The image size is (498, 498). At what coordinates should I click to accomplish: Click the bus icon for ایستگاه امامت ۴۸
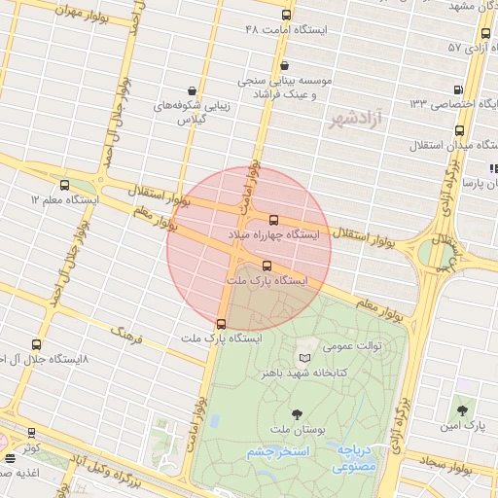pyautogui.click(x=286, y=16)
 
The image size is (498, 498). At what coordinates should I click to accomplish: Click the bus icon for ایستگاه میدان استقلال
pyautogui.click(x=461, y=131)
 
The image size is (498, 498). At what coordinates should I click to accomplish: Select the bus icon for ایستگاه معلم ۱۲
pyautogui.click(x=65, y=185)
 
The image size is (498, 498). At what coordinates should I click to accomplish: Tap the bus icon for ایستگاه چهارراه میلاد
pyautogui.click(x=273, y=220)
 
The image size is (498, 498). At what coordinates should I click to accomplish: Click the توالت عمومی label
pyautogui.click(x=352, y=344)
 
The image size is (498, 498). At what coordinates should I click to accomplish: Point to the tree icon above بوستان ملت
pyautogui.click(x=297, y=415)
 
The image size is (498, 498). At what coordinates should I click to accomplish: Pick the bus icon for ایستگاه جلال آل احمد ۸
pyautogui.click(x=37, y=344)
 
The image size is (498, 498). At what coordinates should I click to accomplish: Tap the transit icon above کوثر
pyautogui.click(x=31, y=433)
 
